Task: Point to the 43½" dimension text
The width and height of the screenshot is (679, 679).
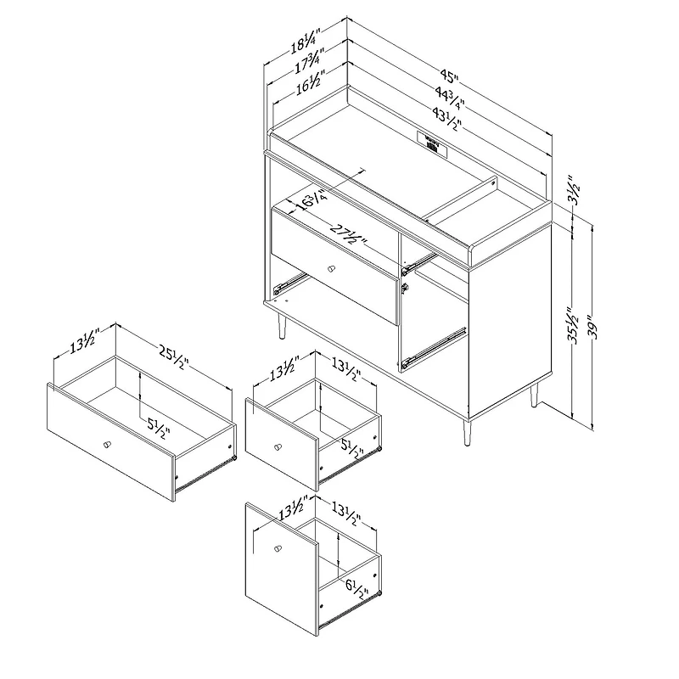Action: coord(446,120)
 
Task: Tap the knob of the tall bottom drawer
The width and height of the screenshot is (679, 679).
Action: coord(275,548)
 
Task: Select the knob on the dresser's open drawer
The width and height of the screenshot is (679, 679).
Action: coord(330,268)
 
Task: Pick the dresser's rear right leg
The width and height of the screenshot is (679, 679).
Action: coord(535,396)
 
